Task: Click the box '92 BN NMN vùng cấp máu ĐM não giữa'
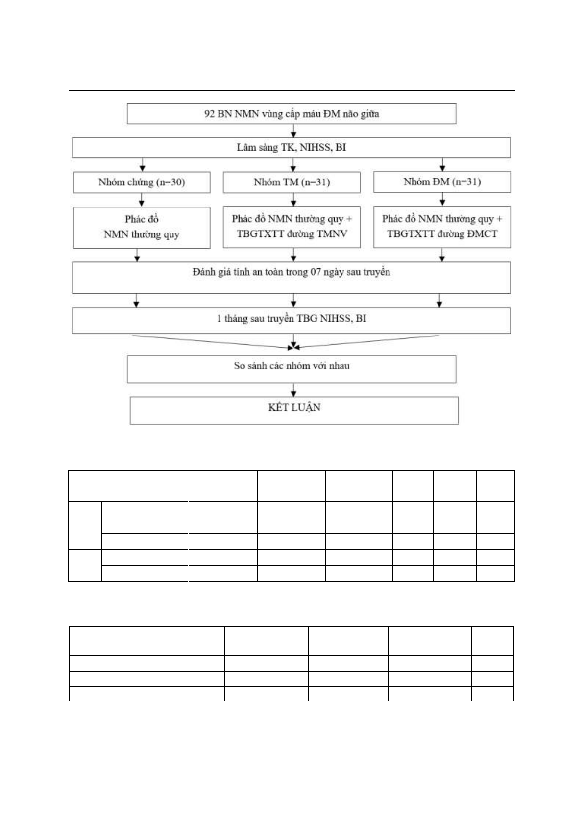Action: pos(291,114)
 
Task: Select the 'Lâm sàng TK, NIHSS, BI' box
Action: pos(291,148)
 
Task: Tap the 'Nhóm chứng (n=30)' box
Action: pos(142,182)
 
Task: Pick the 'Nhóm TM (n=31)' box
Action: pos(292,182)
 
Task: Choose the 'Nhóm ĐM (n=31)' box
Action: pos(442,182)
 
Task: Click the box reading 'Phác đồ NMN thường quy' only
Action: pos(142,228)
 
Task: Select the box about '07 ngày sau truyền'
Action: pos(291,278)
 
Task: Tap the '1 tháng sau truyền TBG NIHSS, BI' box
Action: pos(291,320)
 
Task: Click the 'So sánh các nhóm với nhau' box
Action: pos(291,369)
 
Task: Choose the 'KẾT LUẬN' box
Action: pos(294,411)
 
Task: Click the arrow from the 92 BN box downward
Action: pos(293,130)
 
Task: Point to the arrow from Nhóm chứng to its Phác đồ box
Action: pos(142,200)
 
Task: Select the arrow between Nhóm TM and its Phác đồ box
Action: pos(293,199)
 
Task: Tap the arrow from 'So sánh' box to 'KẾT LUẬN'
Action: pos(293,390)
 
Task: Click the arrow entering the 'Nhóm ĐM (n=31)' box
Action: pos(442,165)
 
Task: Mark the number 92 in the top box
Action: pos(209,114)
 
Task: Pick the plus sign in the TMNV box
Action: pos(349,219)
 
